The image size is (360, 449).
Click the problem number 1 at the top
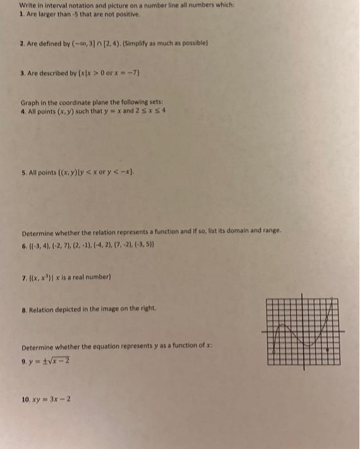click(22, 14)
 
